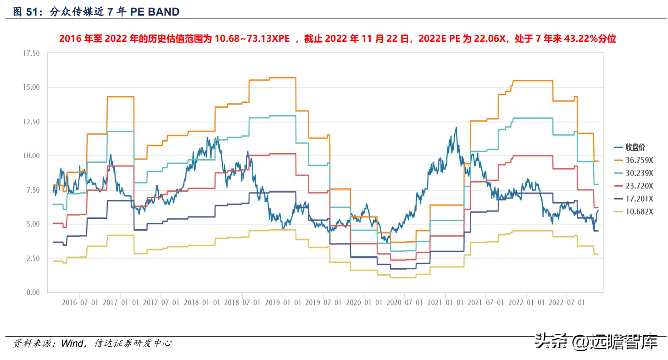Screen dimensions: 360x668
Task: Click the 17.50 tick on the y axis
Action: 32,53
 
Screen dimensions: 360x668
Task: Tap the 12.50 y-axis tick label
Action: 32,122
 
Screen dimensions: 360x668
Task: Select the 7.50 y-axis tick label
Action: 33,190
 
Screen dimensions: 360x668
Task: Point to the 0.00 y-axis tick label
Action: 33,293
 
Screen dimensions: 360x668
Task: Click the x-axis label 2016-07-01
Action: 80,303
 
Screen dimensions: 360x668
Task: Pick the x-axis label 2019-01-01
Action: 283,303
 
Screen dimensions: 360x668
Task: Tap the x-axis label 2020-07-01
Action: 404,303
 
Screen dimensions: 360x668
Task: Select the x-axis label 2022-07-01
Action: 567,303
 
